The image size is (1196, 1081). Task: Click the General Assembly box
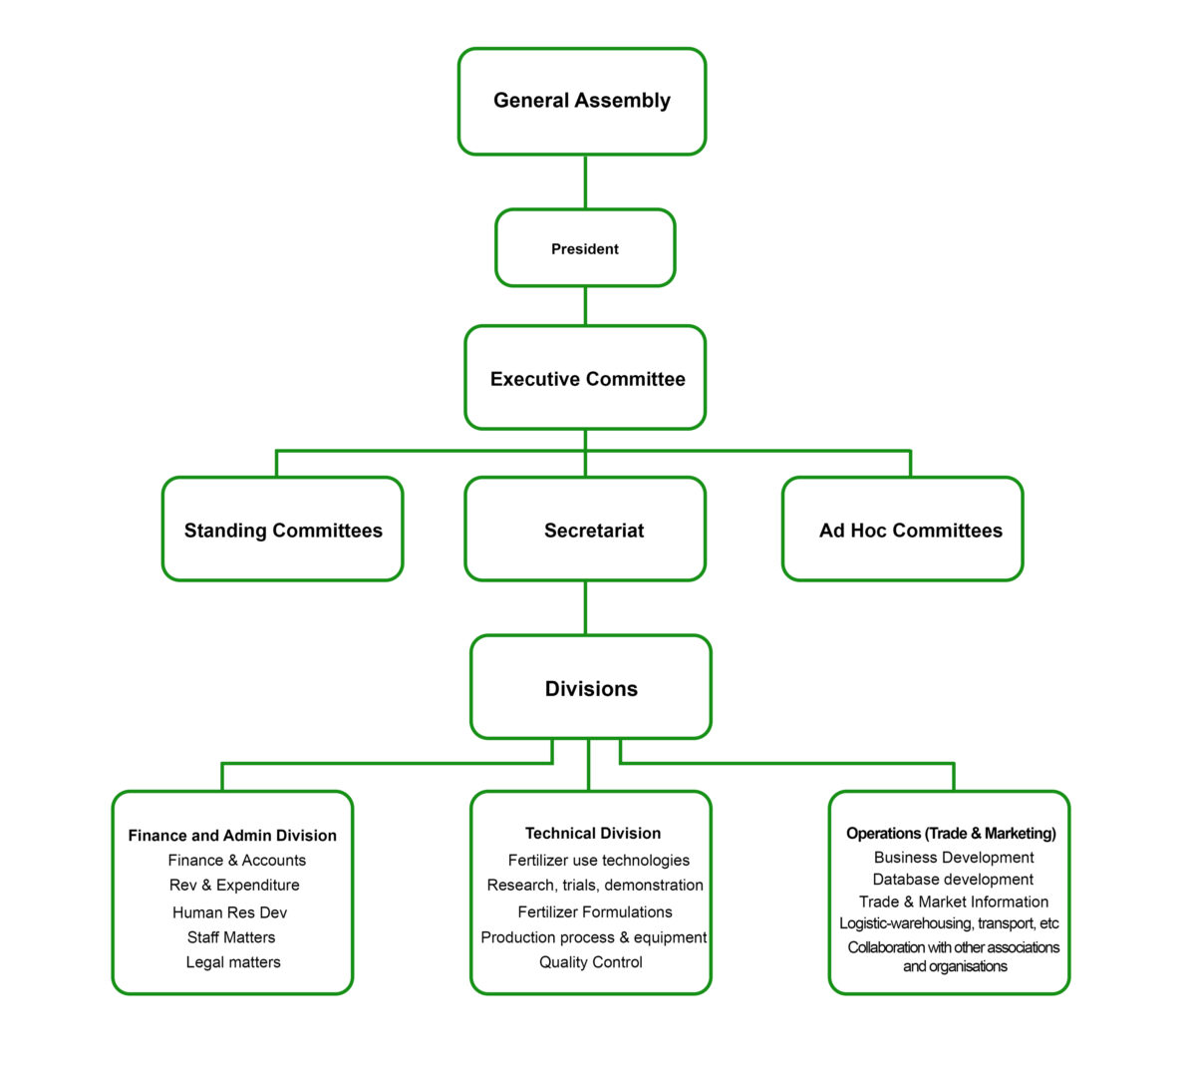582,101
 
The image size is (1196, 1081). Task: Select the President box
585,248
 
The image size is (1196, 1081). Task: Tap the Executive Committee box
586,379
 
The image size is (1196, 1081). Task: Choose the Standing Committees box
283,531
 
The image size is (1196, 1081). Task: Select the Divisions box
591,688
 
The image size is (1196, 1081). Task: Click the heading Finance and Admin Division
232,836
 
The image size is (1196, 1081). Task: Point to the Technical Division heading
593,834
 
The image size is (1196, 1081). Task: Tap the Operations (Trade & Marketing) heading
951,834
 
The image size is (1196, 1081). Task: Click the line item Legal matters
233,962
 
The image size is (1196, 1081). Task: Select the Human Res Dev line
229,912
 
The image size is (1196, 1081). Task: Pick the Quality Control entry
591,962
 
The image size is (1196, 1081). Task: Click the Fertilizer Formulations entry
595,912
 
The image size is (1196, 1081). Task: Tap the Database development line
953,880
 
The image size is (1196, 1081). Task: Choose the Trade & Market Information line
954,901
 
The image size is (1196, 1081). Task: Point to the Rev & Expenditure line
234,886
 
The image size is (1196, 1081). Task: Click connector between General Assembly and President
585,181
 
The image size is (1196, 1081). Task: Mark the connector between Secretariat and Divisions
585,607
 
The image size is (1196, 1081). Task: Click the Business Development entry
954,858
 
